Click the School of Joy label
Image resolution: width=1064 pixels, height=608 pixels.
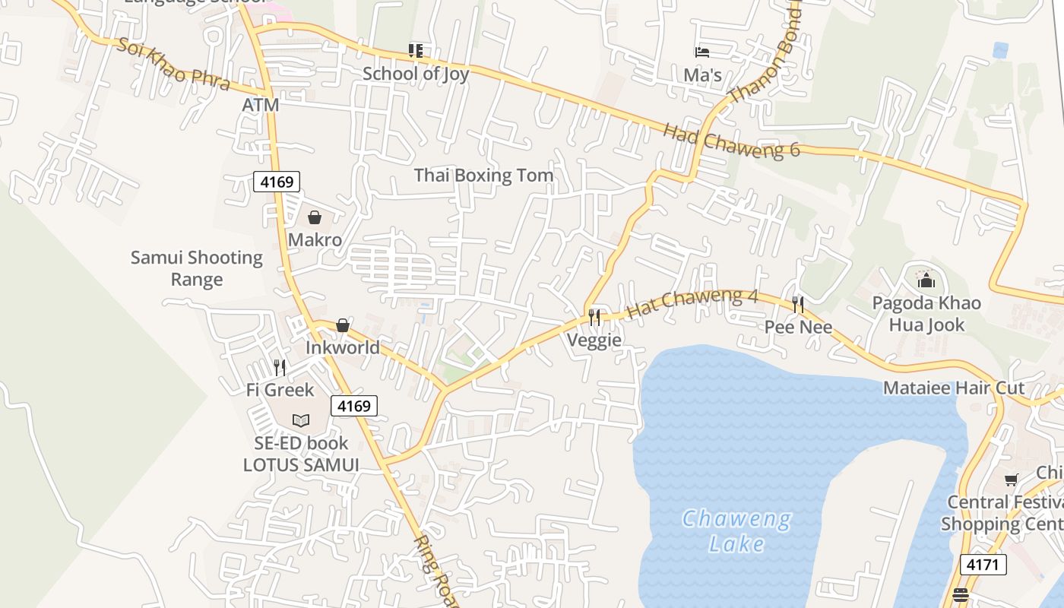(416, 74)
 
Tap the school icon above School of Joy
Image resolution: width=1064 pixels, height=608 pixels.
(415, 51)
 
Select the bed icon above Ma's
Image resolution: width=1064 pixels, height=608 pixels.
(702, 52)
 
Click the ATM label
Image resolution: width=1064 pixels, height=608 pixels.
(261, 105)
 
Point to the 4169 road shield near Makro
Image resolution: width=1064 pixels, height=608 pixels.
(277, 182)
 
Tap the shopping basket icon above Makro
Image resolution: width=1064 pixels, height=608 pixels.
(315, 217)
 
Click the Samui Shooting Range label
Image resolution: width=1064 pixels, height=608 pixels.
(197, 268)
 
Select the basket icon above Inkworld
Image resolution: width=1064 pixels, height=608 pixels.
(343, 325)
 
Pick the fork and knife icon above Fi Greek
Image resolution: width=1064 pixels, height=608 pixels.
(280, 368)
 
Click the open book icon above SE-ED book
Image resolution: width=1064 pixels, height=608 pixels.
(301, 420)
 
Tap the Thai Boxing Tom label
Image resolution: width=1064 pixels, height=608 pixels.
(483, 176)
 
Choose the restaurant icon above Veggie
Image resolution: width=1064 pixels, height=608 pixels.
(594, 317)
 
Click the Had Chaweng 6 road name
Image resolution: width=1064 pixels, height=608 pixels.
(731, 140)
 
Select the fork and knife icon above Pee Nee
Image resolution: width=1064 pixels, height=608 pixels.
(798, 305)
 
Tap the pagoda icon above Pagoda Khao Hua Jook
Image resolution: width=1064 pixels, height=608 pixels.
(926, 280)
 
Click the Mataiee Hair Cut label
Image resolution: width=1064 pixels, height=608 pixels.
(954, 388)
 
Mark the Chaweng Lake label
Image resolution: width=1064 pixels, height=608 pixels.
(736, 531)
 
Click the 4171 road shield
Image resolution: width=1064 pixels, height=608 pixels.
(983, 565)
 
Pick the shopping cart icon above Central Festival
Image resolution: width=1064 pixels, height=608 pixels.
(1012, 480)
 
